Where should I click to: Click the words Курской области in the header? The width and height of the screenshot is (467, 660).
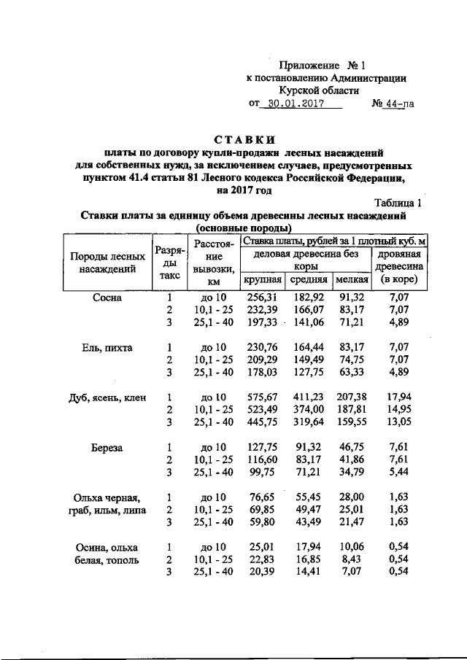(324, 90)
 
